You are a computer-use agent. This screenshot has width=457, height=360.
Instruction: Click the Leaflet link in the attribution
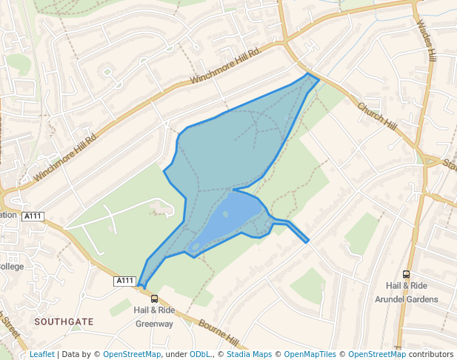[x=41, y=355]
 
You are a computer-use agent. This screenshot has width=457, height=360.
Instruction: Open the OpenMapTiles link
[x=310, y=355]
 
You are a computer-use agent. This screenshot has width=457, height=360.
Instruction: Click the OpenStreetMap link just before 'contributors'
[x=376, y=355]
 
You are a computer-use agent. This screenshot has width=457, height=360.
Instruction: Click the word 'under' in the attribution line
[x=176, y=355]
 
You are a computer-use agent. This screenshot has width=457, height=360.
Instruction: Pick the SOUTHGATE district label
[x=63, y=322]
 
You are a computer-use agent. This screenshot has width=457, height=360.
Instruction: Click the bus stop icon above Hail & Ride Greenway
[x=154, y=299]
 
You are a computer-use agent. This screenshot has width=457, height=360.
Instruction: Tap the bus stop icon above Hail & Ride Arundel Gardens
[x=406, y=275]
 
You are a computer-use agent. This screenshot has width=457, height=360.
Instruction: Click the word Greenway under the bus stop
[x=154, y=324]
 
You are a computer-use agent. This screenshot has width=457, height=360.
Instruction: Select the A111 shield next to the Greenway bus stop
[x=125, y=281]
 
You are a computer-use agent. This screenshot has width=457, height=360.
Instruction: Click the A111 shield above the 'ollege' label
[x=33, y=216]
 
